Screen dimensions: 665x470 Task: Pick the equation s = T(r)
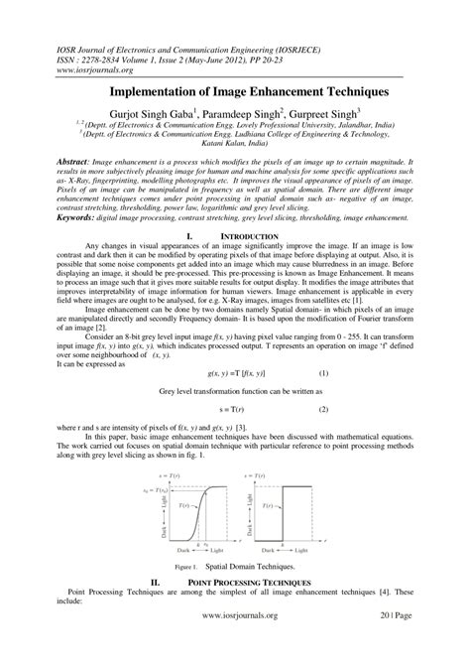235,381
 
